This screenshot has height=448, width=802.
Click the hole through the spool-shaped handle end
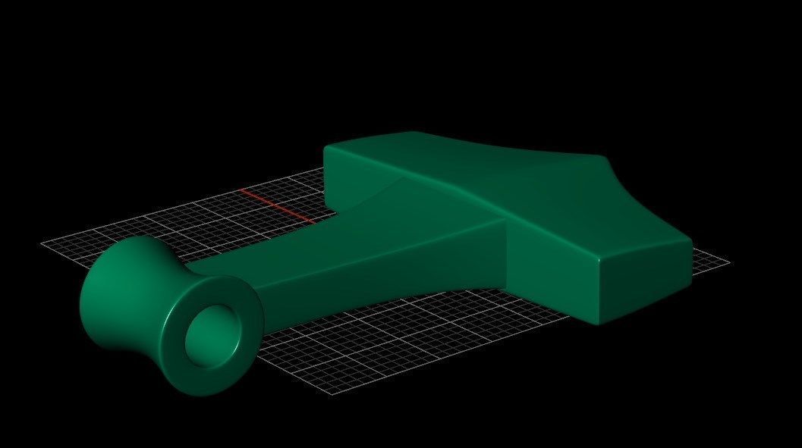click(x=213, y=336)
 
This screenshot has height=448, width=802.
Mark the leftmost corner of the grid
click(x=41, y=243)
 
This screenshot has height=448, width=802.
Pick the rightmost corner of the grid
click(x=729, y=263)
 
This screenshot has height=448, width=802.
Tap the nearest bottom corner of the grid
click(x=334, y=395)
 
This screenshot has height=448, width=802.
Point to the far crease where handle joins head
click(x=398, y=180)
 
